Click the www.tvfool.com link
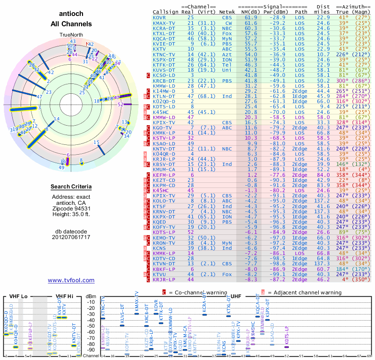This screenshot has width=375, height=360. click(71, 280)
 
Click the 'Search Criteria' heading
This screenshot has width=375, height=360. click(71, 187)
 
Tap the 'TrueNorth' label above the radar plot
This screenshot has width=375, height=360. click(71, 35)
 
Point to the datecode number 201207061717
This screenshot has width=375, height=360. click(71, 237)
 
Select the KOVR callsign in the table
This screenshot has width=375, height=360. click(159, 17)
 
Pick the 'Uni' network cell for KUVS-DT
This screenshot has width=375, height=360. click(226, 69)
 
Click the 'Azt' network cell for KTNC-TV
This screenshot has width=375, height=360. click(226, 54)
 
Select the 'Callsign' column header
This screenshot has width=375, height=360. click(166, 12)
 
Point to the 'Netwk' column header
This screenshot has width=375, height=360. click(227, 12)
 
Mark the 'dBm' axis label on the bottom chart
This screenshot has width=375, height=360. click(91, 296)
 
